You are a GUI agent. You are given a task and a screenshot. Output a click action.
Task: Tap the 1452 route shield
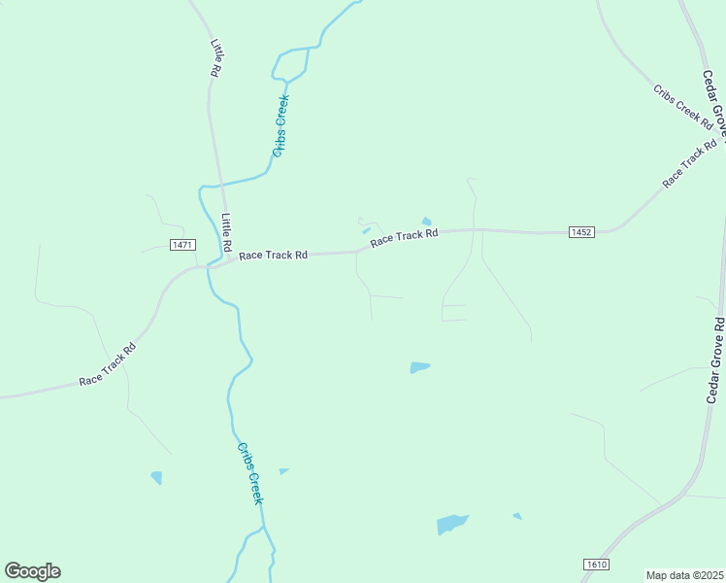click(581, 231)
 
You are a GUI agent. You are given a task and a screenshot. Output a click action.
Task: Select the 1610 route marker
click(597, 565)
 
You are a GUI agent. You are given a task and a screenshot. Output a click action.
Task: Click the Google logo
click(32, 571)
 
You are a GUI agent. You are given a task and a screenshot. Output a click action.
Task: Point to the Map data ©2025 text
click(685, 575)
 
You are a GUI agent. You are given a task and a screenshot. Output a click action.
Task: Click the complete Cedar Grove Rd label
click(715, 360)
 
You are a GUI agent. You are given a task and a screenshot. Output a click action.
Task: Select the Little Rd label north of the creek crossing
click(216, 58)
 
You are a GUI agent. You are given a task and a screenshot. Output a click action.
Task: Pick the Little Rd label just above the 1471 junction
click(226, 230)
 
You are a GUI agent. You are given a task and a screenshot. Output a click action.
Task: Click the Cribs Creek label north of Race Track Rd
click(281, 124)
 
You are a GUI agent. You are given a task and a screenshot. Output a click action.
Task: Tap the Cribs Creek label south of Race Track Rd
click(250, 473)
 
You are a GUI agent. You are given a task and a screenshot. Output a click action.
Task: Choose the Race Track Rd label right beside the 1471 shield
click(273, 255)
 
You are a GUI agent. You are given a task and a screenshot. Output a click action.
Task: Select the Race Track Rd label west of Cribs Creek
click(107, 367)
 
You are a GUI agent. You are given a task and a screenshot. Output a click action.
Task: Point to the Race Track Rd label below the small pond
click(405, 236)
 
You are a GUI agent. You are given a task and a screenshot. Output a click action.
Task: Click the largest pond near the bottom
click(451, 524)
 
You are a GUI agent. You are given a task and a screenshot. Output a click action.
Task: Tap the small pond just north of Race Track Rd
click(426, 222)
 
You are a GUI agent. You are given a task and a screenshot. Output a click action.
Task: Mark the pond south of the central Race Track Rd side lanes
click(419, 367)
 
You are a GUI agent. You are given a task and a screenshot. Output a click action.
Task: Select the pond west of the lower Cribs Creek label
click(156, 477)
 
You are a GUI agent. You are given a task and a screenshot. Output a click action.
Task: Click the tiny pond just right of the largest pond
click(517, 516)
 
